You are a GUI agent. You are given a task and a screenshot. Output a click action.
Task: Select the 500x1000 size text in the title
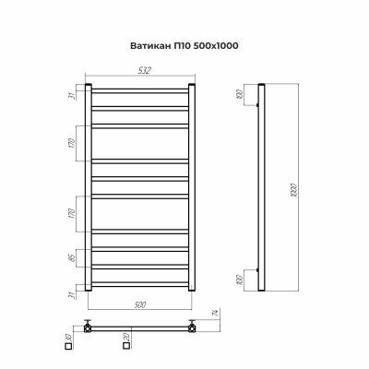point(222,45)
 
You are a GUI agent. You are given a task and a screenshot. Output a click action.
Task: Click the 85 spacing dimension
point(73,258)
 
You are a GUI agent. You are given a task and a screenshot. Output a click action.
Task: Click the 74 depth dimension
point(213,317)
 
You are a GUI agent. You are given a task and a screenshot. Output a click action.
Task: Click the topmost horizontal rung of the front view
point(140,90)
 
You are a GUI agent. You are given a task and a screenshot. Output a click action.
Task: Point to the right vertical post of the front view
point(193,188)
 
